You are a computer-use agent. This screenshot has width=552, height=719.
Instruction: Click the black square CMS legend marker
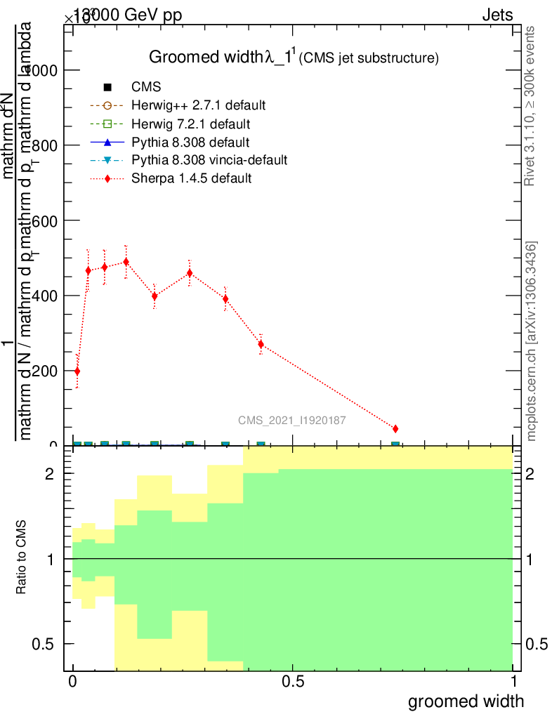click(107, 88)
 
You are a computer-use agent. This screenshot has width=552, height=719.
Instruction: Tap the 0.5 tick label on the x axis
click(292, 682)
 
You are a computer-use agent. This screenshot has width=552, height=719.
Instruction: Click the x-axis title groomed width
click(466, 701)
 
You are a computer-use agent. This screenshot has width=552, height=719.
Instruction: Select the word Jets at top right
click(497, 15)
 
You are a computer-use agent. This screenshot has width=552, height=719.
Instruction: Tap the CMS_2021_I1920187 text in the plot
click(291, 421)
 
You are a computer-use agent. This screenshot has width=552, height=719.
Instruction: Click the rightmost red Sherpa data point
click(395, 429)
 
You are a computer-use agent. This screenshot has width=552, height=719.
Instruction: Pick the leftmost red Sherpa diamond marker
click(77, 371)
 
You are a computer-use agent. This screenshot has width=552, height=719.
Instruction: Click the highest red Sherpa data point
click(126, 261)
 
